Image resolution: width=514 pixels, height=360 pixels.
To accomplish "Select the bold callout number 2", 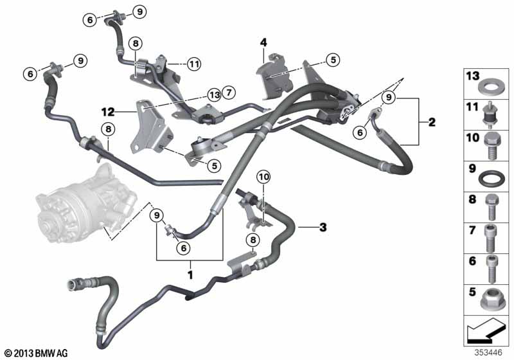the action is pos(432,122).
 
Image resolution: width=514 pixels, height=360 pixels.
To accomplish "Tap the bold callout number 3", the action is pos(323,226).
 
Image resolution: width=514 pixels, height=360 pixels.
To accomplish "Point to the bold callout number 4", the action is pos(263,43).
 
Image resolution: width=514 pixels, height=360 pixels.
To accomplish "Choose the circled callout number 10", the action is pos(264,176).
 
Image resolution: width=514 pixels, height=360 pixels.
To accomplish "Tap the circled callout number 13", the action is pos(215,94).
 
